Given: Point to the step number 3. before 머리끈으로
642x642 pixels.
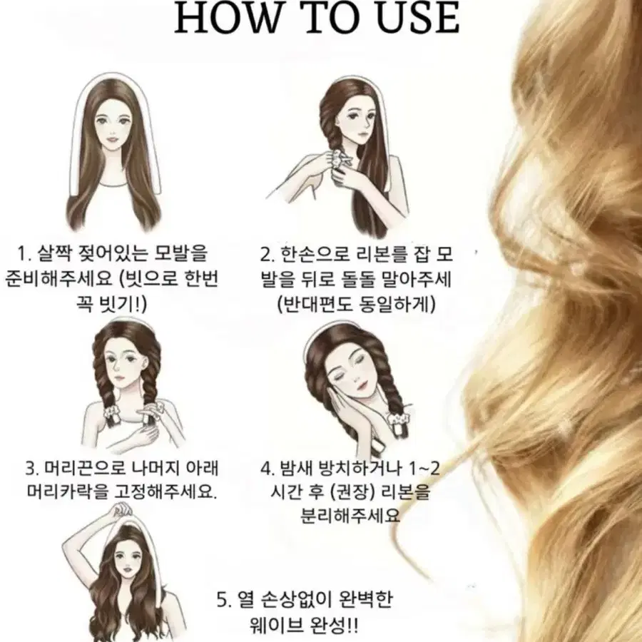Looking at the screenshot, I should pos(32,469).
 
